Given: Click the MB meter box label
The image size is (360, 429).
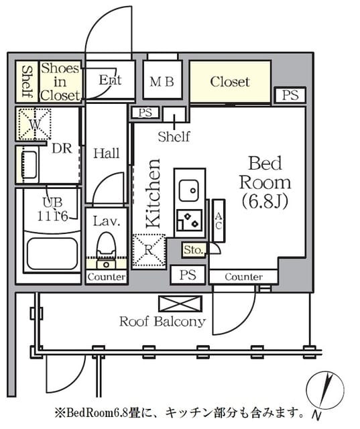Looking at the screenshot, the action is tap(162, 82).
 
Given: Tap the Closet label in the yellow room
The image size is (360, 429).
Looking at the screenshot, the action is tap(230, 82).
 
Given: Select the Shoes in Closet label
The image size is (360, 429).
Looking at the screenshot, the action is tap(60, 82).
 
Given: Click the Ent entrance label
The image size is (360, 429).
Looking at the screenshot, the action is tap(110, 80).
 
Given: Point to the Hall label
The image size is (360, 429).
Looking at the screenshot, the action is tap(107, 154).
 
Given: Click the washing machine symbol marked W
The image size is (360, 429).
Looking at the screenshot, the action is tap(34, 124).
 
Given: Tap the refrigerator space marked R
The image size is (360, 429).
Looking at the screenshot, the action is tap(149, 250).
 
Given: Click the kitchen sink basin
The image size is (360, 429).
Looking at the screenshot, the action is tap(189, 190).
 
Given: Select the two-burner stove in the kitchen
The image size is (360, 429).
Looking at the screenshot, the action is tap(190, 221).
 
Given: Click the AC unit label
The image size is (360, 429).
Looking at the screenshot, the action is tap(219, 221).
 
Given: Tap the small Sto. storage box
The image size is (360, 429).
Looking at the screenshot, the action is tap(193, 250).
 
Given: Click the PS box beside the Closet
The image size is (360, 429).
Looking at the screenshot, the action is tap(290, 95).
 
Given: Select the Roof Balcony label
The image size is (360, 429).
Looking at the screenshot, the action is tap(163, 322).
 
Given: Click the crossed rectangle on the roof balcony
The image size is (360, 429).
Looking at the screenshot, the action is tap(180, 304).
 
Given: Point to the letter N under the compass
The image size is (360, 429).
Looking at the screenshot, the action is tap(316, 416).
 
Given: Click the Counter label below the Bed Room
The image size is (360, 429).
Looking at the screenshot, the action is tap(244, 277).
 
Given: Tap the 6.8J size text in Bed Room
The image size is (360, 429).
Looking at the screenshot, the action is tap(265, 202).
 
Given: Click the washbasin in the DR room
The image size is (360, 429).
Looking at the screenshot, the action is tap(29, 165).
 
